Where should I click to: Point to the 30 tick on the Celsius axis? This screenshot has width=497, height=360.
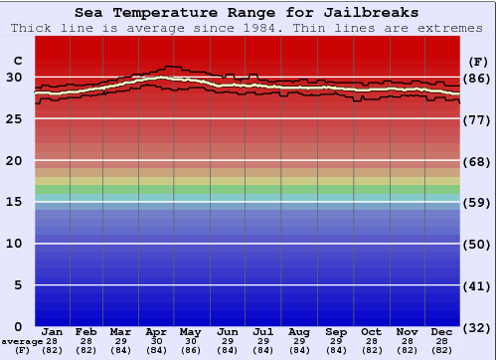pyautogui.click(x=14, y=78)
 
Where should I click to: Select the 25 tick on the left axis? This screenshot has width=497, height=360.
pyautogui.click(x=14, y=119)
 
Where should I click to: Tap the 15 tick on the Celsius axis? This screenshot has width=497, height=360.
pyautogui.click(x=14, y=202)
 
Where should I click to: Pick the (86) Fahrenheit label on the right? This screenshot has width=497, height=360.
pyautogui.click(x=479, y=78)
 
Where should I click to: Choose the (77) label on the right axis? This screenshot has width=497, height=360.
pyautogui.click(x=479, y=119)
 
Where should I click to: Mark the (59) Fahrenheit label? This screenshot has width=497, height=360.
pyautogui.click(x=479, y=202)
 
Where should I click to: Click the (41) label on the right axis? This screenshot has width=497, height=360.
pyautogui.click(x=479, y=285)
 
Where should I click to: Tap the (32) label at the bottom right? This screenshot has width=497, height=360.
pyautogui.click(x=479, y=327)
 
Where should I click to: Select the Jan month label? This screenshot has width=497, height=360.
pyautogui.click(x=52, y=331)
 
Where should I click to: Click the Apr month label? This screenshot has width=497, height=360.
pyautogui.click(x=156, y=331)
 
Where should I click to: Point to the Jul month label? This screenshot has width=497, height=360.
pyautogui.click(x=262, y=331)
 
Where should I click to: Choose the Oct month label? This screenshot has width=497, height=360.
pyautogui.click(x=371, y=331)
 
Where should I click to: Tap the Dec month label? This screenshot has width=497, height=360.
pyautogui.click(x=442, y=331)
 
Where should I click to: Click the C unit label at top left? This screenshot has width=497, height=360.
pyautogui.click(x=17, y=60)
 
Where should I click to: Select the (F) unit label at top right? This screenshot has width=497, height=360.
pyautogui.click(x=478, y=60)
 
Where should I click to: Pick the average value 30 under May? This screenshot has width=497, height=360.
pyautogui.click(x=190, y=341)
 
